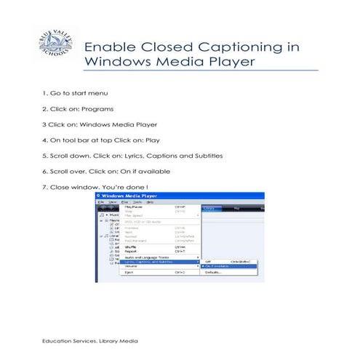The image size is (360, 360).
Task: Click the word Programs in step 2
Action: click(97, 109)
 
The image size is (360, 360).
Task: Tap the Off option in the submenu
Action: click(208, 261)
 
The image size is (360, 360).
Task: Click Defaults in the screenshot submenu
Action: click(213, 272)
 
